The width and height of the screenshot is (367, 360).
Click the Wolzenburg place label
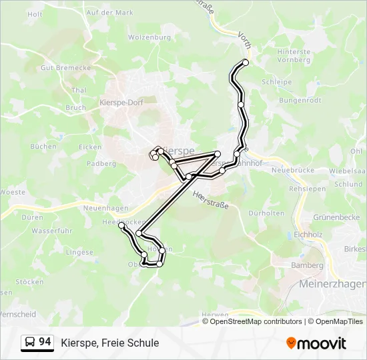(149, 37)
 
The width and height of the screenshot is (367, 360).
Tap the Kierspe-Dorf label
(120, 103)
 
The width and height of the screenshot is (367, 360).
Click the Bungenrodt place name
(300, 101)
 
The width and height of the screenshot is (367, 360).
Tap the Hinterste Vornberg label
(294, 55)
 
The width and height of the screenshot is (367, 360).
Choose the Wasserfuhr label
(51, 231)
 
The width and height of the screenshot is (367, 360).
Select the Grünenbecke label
(336, 217)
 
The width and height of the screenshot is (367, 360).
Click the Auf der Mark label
(109, 13)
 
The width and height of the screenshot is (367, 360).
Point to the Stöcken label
(29, 282)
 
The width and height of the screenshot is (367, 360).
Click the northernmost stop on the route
(246, 63)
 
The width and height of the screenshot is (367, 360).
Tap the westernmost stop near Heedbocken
(121, 226)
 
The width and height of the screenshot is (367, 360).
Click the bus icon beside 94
(30, 343)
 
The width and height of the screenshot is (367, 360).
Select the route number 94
(45, 342)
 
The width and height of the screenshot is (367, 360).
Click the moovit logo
(316, 343)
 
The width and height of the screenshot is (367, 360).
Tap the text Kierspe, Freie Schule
(110, 343)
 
